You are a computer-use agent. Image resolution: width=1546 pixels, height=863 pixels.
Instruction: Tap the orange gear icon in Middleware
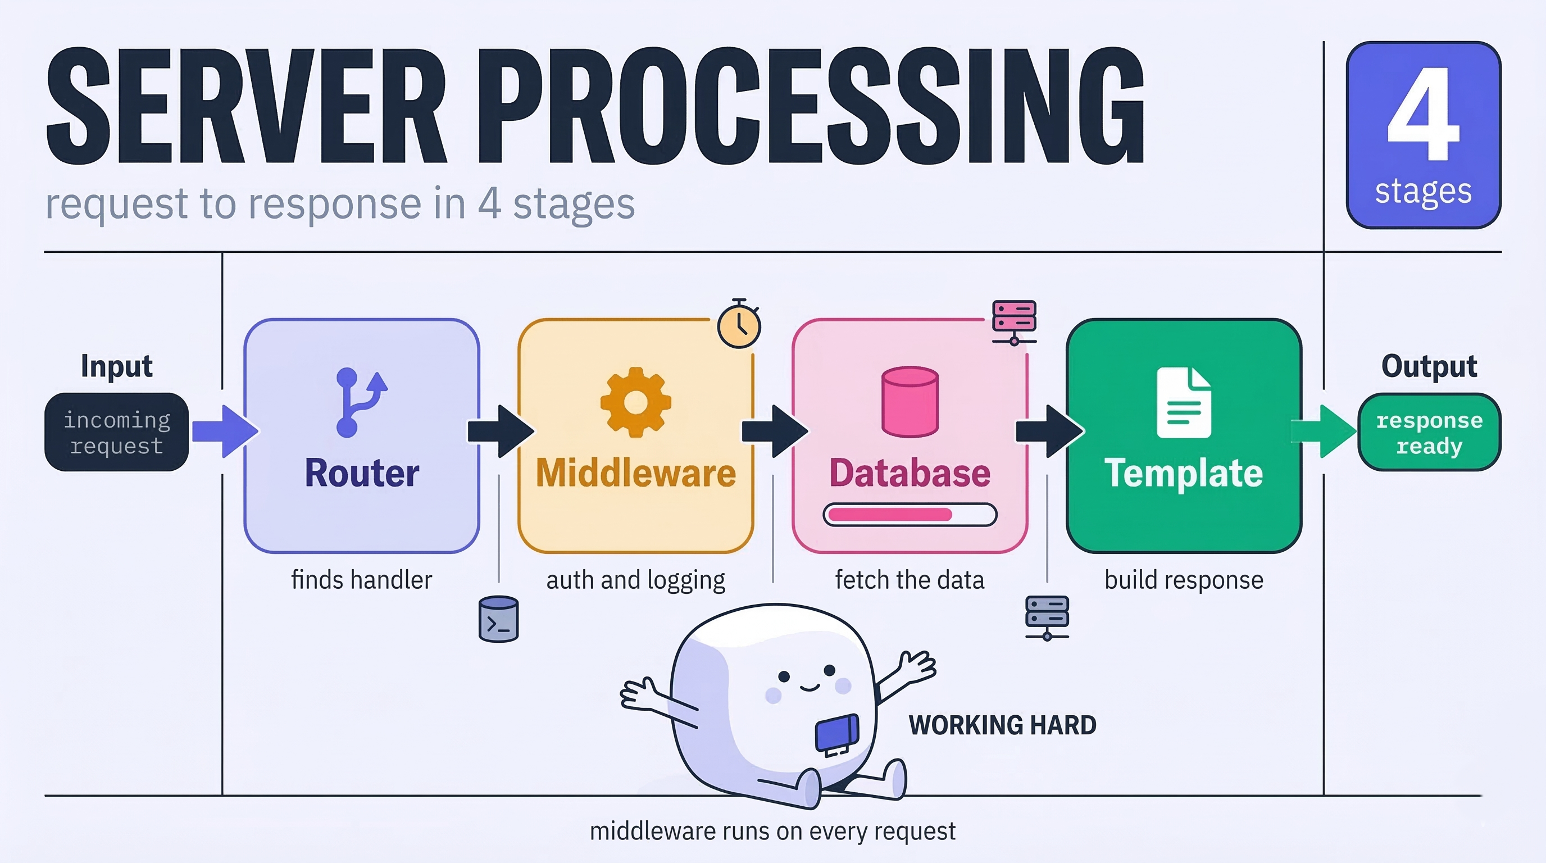point(635,402)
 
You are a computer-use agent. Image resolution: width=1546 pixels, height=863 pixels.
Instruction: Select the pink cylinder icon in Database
point(910,402)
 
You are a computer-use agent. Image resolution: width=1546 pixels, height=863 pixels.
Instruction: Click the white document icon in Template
point(1184,402)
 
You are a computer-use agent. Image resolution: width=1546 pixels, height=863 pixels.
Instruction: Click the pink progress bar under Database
point(910,514)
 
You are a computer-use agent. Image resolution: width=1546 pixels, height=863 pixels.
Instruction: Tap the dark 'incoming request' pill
point(116,432)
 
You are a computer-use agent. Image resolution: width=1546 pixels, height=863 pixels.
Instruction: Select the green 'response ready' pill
point(1429,432)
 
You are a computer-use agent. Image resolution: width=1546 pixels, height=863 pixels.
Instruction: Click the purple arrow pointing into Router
point(226,431)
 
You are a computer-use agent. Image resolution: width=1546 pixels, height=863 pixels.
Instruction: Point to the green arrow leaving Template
point(1324,431)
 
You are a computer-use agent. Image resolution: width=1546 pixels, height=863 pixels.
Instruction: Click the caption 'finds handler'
point(361,580)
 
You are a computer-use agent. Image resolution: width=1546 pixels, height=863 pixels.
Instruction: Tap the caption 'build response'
point(1184,580)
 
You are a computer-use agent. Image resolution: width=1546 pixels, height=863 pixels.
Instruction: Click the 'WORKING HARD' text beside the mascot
point(1002,725)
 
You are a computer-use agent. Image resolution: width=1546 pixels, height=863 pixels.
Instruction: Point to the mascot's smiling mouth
point(810,687)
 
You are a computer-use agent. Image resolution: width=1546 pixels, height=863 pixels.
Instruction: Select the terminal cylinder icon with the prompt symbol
point(498,619)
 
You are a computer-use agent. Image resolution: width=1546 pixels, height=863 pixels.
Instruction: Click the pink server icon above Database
point(1013,323)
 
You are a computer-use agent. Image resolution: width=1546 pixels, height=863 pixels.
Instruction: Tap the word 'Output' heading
point(1429,366)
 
